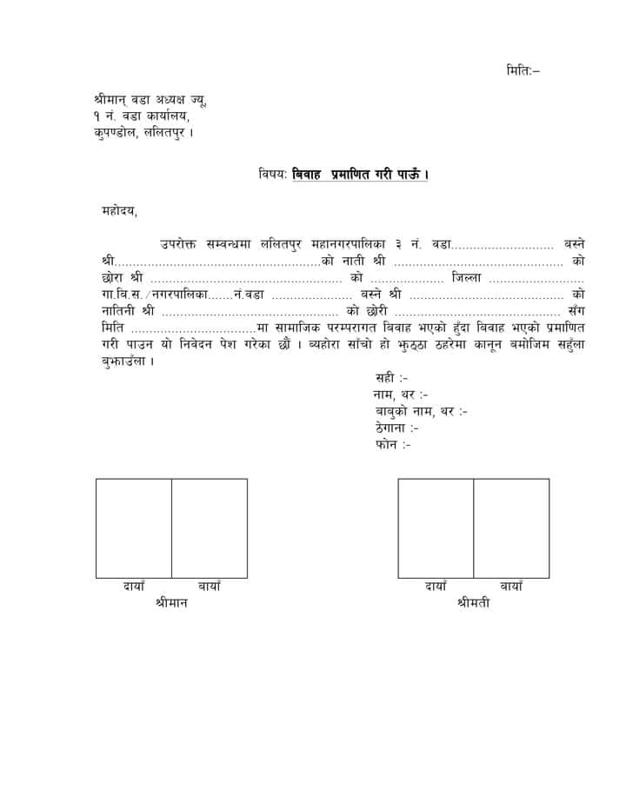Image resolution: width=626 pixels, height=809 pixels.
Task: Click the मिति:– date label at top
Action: (523, 69)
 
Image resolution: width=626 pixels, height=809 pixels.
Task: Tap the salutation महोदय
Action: (119, 210)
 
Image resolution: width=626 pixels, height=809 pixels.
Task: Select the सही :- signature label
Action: (391, 378)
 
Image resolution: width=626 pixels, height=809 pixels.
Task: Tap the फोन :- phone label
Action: (393, 444)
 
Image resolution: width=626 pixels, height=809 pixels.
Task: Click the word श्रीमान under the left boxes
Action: (171, 602)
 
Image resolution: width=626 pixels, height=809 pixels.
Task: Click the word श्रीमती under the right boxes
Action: (473, 602)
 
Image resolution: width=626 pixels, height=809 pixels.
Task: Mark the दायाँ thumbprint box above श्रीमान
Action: (133, 527)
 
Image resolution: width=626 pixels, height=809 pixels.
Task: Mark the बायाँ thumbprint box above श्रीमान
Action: (210, 527)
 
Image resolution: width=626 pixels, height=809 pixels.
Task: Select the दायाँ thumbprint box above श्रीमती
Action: (436, 527)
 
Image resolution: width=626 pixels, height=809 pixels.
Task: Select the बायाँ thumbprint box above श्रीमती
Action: (511, 527)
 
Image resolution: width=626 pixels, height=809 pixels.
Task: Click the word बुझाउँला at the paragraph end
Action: (122, 361)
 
